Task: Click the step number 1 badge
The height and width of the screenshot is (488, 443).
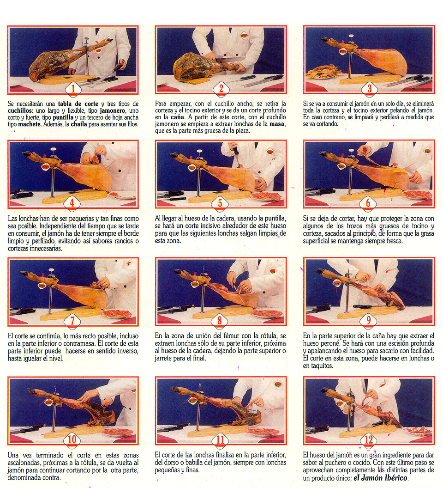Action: [73, 89]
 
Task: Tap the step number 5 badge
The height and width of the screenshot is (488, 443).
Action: [220, 203]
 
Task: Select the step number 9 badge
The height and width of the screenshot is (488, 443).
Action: [368, 321]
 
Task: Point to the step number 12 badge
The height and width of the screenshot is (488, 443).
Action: [369, 440]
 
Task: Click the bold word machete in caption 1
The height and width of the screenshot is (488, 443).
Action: [29, 124]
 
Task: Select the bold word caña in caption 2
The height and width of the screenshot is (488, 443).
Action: [177, 117]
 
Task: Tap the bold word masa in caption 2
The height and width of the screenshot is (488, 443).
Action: [277, 124]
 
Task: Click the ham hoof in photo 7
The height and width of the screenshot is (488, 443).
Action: [24, 274]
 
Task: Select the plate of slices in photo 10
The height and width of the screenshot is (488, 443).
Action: [118, 433]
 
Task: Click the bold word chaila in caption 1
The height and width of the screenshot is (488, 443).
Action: [79, 124]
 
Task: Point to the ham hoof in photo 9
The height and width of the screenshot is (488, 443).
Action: [321, 271]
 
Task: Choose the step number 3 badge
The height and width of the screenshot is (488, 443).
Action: [370, 89]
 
